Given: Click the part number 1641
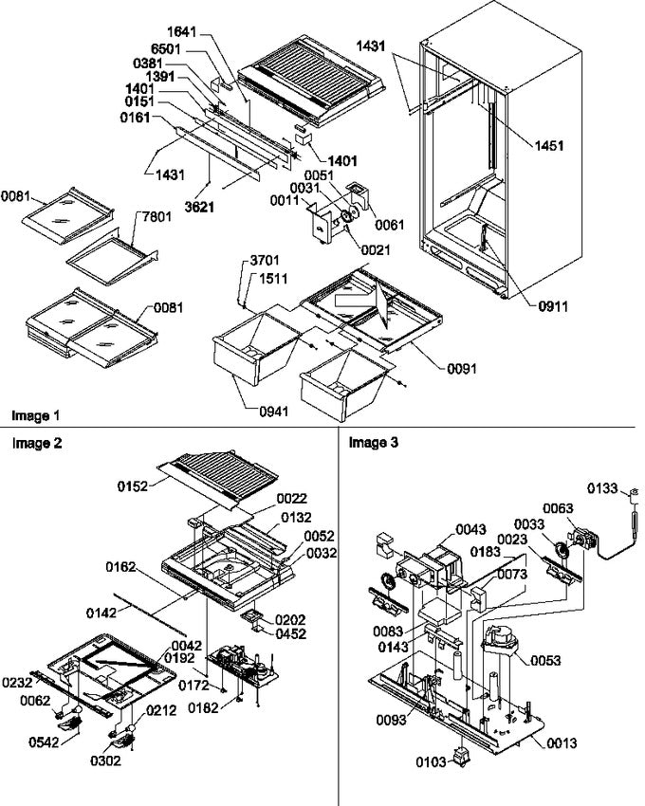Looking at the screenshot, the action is point(182,32).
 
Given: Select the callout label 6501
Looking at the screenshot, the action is point(166,48).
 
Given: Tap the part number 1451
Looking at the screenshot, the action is point(549,145).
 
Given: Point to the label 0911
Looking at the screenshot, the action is point(553,306).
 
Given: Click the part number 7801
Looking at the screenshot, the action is point(157,217).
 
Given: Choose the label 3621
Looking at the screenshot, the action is point(199,207).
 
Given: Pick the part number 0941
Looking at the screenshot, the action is point(273,412).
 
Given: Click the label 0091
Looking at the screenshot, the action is point(461,369).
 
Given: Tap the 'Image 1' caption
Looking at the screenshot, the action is point(35,415).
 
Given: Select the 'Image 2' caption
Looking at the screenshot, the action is point(37,443).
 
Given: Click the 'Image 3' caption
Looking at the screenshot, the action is point(374,442).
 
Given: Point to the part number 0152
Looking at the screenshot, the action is point(133,486).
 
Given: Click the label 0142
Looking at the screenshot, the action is point(101,614).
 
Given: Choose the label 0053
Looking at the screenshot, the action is point(545,660).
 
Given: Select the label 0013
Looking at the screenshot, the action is point(562,742).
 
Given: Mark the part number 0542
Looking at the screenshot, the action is point(44,742).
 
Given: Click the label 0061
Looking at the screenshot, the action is point(389,225).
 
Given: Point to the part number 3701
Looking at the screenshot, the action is point(265,261).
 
